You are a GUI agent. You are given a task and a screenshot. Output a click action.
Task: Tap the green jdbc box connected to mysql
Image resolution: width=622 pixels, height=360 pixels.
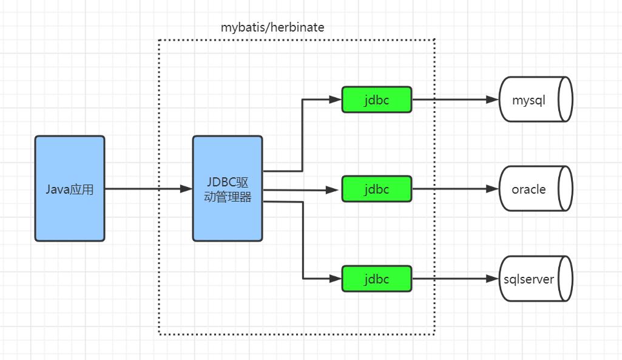pos(376,100)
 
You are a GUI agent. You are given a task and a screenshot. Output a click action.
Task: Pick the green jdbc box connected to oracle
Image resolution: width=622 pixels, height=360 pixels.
pos(376,189)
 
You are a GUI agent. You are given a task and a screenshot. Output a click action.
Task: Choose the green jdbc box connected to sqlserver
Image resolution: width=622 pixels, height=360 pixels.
pos(376,279)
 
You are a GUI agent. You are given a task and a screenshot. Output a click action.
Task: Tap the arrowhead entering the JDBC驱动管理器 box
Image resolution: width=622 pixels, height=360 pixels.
pos(187,189)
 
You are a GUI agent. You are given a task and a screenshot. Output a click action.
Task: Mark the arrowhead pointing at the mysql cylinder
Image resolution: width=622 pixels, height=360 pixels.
pos(492,100)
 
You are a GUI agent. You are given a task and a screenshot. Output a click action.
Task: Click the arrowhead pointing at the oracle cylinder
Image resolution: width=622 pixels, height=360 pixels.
pos(492,189)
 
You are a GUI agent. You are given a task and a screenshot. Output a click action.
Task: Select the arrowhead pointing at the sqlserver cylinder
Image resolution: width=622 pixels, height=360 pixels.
pos(492,279)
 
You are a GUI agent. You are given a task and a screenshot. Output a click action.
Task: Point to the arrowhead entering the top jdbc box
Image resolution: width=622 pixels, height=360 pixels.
pos(336,100)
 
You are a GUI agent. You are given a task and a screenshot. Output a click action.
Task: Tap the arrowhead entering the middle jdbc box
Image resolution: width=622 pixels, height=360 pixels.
pos(336,189)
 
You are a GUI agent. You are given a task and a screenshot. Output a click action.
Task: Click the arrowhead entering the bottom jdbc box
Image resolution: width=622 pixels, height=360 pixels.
pos(336,279)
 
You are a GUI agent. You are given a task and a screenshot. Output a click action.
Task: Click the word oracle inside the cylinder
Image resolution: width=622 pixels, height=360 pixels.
pos(529,189)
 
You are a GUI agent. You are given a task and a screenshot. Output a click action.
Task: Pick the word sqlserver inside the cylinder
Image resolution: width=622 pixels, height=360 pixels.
pos(529,279)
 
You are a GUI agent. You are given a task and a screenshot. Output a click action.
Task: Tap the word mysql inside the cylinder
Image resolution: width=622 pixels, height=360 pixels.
pos(529,100)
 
